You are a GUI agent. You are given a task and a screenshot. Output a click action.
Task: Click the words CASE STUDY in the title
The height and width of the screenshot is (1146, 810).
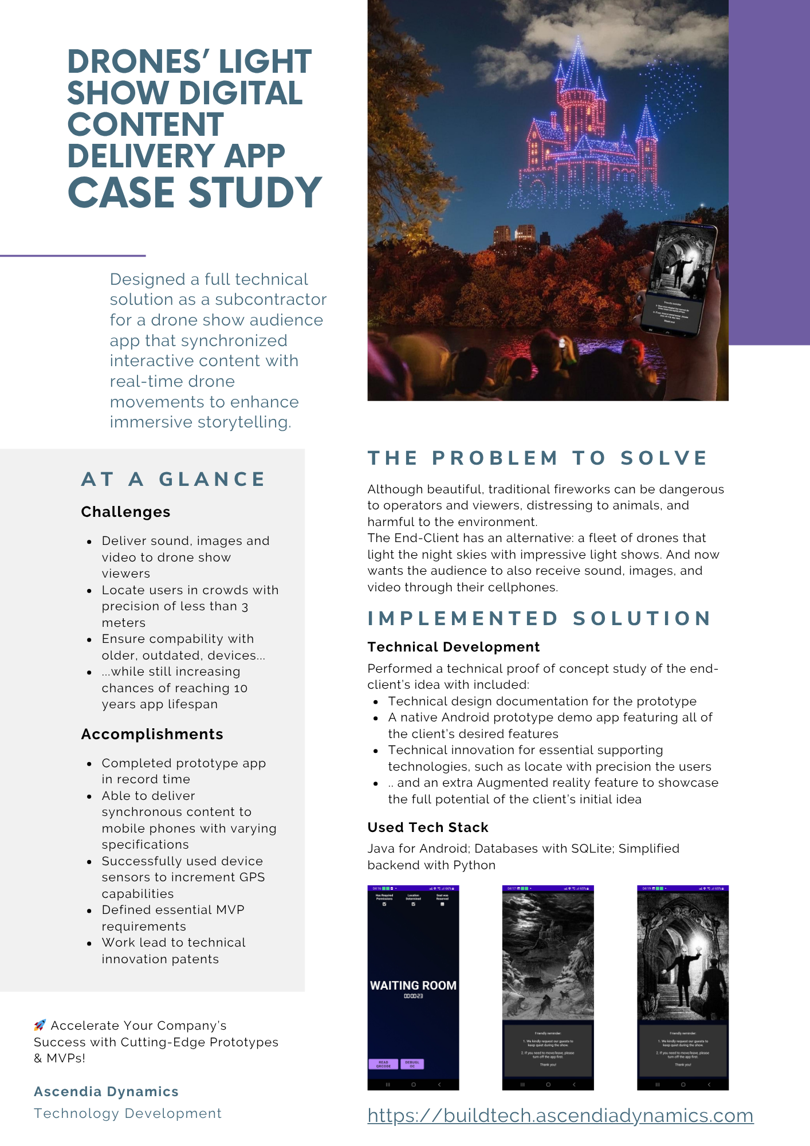(x=195, y=193)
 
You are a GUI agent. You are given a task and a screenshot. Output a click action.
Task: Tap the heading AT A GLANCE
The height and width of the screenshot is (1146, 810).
(x=174, y=479)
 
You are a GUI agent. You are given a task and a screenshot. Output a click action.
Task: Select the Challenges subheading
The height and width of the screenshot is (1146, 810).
(x=125, y=512)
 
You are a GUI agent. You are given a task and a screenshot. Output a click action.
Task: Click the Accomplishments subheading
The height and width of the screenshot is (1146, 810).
(x=152, y=734)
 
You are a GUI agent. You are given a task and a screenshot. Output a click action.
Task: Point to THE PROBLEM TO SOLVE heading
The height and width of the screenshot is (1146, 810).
(x=538, y=458)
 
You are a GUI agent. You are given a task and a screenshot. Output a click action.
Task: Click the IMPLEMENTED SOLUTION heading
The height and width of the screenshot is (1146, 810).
(x=539, y=618)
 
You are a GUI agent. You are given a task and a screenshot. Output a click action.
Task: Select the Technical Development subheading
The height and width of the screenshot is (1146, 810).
(x=453, y=647)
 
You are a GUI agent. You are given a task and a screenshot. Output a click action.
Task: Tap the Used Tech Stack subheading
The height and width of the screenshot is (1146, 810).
(x=427, y=827)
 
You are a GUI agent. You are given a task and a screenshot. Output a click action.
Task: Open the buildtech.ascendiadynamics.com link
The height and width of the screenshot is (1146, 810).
(x=560, y=1116)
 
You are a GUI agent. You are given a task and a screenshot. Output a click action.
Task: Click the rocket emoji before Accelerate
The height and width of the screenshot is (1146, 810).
(x=40, y=1025)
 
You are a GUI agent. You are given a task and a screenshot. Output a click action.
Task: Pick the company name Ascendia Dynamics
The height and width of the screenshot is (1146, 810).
(x=106, y=1092)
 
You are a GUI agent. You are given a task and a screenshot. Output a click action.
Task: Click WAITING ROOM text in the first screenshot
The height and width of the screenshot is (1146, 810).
(x=413, y=986)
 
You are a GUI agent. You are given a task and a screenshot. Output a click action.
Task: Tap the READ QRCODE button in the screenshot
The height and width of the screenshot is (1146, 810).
(x=383, y=1064)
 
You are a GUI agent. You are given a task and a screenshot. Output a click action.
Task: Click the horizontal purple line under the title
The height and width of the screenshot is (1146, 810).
(x=73, y=256)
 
